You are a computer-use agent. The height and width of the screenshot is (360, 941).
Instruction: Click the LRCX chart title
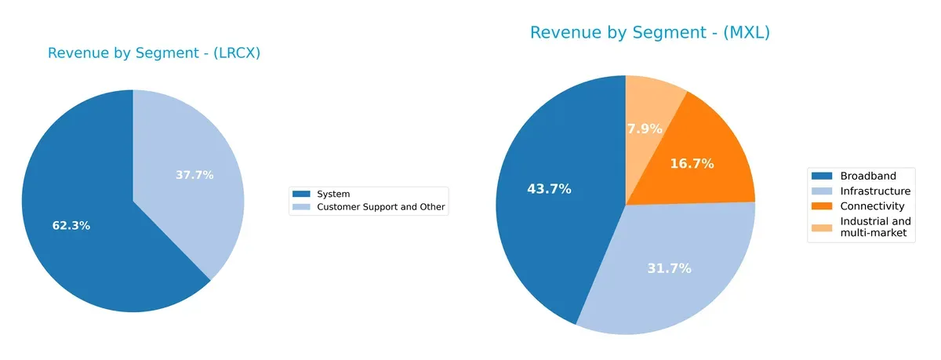tap(154, 53)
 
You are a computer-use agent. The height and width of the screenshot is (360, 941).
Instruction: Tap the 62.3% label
tap(71, 226)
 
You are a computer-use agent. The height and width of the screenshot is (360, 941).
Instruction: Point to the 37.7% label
tap(194, 175)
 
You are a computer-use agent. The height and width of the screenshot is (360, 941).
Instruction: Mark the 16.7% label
tap(692, 164)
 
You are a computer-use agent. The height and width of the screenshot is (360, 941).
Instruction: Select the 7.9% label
tap(645, 129)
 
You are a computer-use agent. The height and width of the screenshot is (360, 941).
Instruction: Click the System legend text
tap(333, 194)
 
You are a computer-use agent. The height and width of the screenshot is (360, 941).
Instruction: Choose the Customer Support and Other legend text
tap(380, 207)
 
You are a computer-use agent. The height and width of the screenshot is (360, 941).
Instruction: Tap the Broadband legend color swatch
tap(822, 176)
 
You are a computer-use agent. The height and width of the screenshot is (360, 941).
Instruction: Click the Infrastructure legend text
tap(875, 191)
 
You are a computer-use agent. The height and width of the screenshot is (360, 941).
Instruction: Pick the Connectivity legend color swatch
tap(822, 206)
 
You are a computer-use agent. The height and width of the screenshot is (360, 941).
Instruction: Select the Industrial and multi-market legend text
tap(875, 227)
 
